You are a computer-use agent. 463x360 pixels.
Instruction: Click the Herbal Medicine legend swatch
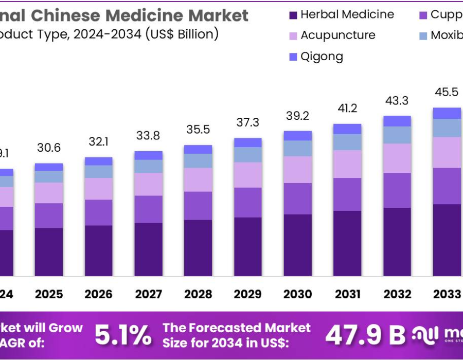[293, 15]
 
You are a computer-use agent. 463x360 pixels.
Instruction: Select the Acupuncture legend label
[337, 35]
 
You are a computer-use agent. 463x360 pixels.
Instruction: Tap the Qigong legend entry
[322, 57]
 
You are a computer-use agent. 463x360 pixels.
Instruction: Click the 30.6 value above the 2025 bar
[49, 148]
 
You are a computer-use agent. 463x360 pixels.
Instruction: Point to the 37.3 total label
[248, 122]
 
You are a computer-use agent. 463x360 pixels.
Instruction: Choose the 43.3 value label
[397, 101]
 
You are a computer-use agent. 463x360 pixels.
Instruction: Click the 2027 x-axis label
[149, 294]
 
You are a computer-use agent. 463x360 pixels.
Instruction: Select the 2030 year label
[298, 294]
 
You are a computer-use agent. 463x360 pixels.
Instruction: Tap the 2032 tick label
[397, 294]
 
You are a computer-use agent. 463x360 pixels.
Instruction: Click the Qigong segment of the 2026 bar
[99, 161]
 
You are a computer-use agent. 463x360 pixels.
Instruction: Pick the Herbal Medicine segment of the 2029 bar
[248, 247]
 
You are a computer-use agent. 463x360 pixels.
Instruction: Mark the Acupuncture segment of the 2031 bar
[347, 164]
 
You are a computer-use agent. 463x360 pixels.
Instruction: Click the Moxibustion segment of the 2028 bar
[198, 161]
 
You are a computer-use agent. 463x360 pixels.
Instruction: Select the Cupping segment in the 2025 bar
[49, 215]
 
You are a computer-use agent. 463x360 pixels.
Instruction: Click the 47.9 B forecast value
[365, 335]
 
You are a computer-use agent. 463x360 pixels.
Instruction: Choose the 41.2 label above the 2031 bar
[347, 109]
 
